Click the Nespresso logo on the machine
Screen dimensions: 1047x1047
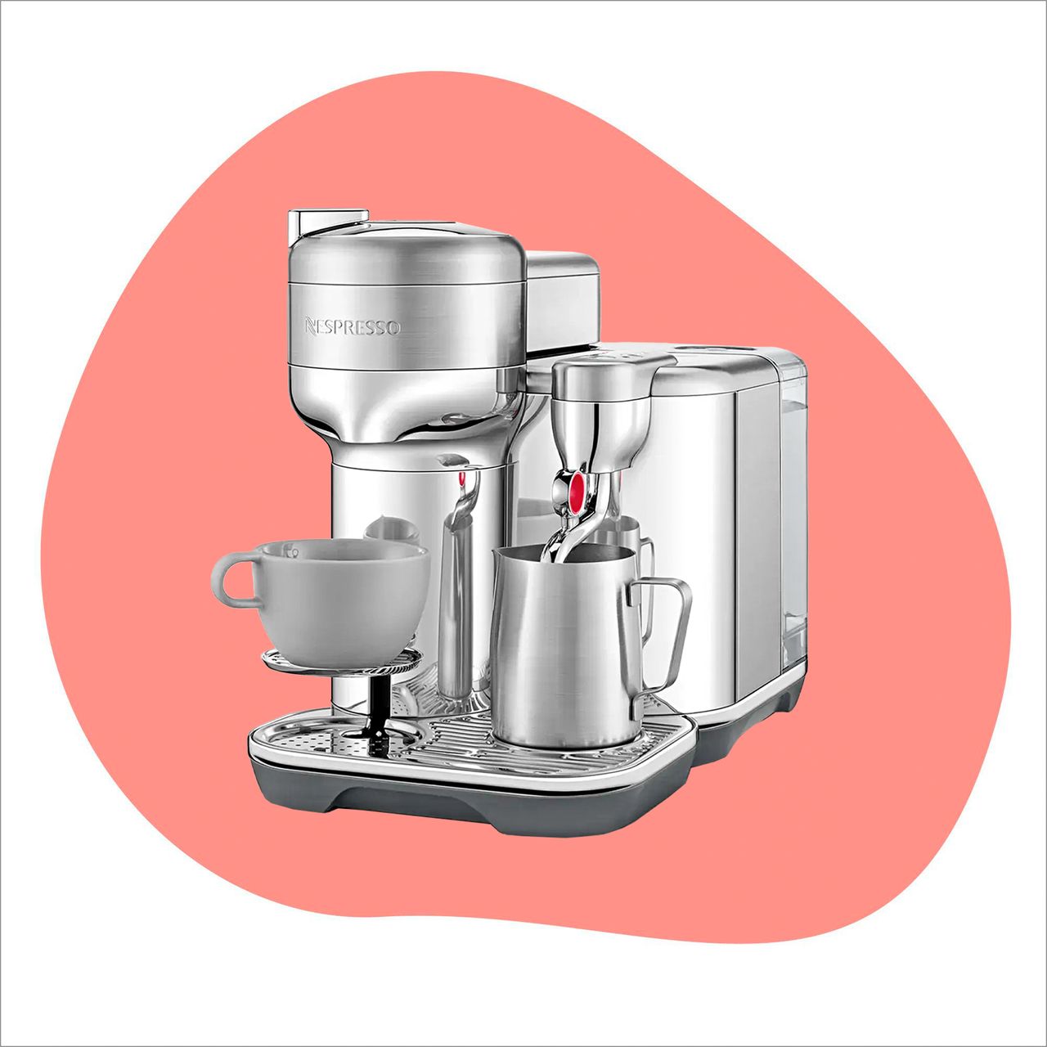[353, 327]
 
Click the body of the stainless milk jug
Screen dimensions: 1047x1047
[556, 646]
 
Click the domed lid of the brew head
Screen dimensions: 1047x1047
[407, 254]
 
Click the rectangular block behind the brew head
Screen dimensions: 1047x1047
[563, 299]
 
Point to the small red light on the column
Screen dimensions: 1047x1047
[462, 479]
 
